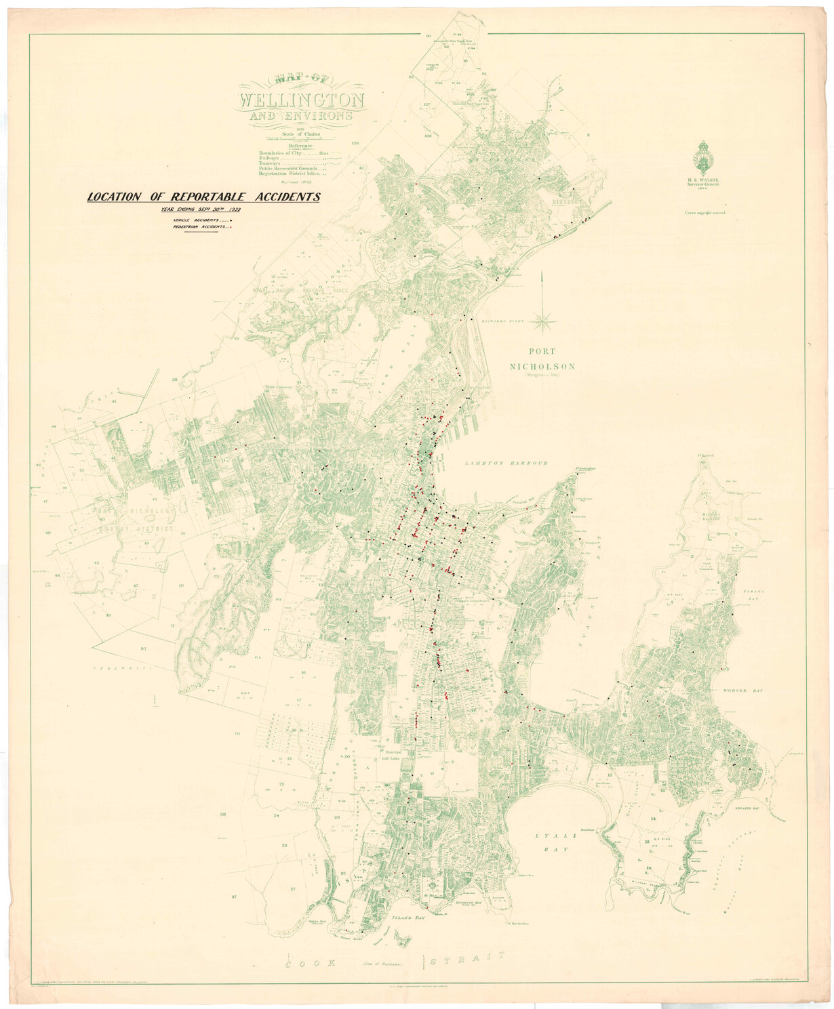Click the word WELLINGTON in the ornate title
click(301, 101)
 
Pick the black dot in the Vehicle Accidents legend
click(231, 221)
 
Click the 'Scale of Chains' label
click(300, 134)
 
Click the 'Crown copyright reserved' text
click(704, 212)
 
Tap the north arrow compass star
click(544, 318)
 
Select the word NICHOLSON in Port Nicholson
click(544, 367)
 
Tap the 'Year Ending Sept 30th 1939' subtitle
click(201, 210)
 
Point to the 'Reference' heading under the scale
click(300, 146)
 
